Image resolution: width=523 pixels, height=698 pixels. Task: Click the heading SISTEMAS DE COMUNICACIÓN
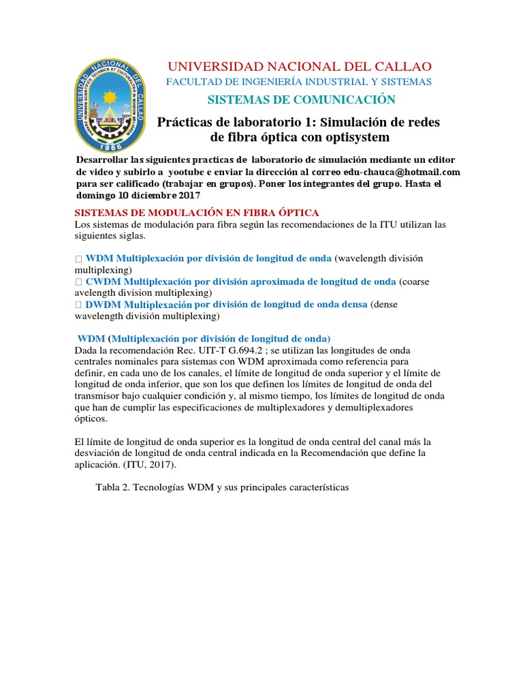(301, 100)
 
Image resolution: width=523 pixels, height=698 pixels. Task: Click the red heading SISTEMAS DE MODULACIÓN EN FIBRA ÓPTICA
(196, 213)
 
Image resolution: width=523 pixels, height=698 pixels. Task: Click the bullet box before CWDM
(78, 282)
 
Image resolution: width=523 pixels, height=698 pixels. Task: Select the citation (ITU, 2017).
(149, 465)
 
